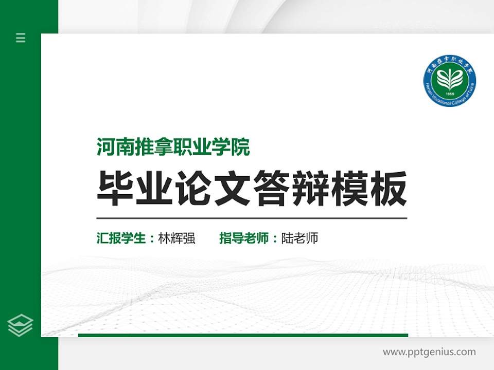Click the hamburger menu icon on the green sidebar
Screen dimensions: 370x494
21,38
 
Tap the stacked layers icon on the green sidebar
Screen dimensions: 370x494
21,325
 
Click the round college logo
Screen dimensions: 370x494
449,80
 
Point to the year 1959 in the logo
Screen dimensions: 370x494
449,95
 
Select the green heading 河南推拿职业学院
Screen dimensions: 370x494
173,148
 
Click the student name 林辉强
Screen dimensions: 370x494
177,238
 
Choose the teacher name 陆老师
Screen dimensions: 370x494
299,238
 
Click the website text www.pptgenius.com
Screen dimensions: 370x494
429,352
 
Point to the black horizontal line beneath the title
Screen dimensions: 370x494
252,218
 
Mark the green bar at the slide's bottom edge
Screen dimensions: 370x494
243,335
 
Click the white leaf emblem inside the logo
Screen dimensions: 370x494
449,79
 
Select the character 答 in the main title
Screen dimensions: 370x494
271,189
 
